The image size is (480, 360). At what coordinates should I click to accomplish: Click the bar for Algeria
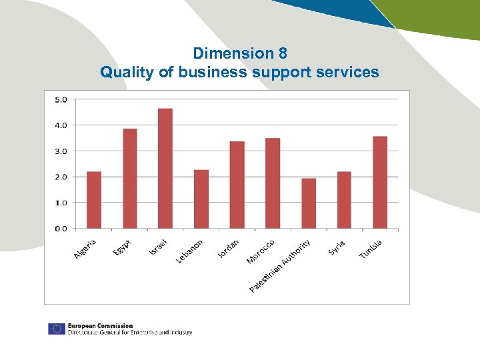coord(94,200)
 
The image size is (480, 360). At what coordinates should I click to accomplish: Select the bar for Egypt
coord(130,179)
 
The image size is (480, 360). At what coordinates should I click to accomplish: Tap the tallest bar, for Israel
coord(165,169)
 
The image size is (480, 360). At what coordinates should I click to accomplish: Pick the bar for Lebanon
coord(201,199)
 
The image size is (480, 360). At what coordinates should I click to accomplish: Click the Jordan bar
coord(237,185)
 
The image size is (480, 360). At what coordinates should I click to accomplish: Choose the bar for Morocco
coord(273,183)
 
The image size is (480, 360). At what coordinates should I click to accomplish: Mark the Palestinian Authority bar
coord(309,203)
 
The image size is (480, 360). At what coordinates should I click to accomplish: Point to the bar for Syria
coord(344,200)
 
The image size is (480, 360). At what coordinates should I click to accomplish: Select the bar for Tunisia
coord(380,182)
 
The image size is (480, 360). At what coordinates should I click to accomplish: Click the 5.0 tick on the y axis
coord(61,100)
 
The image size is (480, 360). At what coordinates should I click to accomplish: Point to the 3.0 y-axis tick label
coord(61,151)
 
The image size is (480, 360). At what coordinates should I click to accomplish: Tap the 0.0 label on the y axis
coord(61,229)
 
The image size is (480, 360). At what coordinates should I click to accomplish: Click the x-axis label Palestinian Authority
coord(280,266)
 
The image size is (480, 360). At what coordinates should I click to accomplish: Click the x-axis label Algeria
coord(85,249)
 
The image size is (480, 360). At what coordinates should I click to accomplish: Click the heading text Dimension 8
coord(240,53)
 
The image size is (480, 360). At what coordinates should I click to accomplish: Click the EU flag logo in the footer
coord(56,329)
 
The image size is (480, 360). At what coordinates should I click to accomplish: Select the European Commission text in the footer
coord(100,326)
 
